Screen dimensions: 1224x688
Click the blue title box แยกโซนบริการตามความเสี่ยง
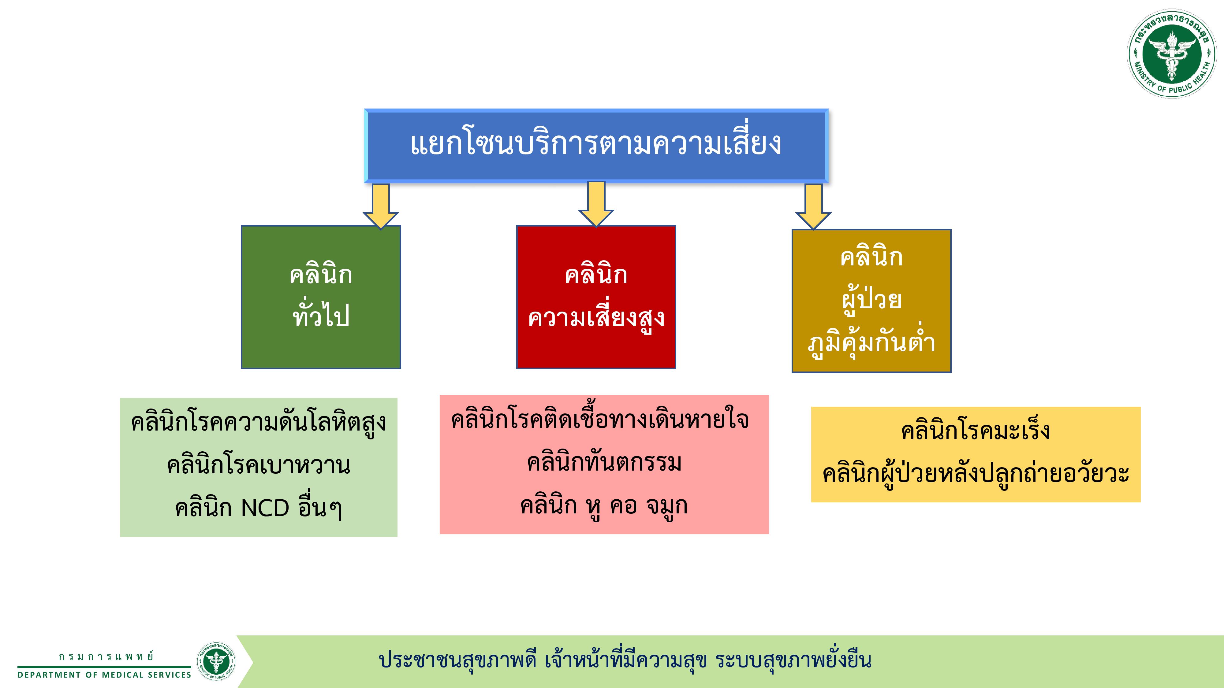(596, 146)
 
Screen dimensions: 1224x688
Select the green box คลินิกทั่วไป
(321, 297)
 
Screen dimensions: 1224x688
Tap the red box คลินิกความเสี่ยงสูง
(596, 297)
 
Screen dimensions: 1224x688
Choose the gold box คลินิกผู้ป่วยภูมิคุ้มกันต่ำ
(871, 301)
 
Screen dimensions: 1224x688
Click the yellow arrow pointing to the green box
(381, 206)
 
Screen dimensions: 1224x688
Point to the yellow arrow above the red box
(596, 204)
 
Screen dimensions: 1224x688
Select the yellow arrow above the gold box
(813, 206)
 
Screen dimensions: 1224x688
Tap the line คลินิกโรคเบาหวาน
(259, 466)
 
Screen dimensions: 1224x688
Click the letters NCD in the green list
(265, 508)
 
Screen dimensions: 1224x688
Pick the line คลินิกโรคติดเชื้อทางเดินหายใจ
(600, 420)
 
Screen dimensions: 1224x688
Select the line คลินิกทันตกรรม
(604, 462)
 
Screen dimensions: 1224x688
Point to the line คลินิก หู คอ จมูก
(604, 506)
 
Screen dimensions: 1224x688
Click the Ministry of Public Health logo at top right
(1173, 54)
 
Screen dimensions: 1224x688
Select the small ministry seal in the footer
(216, 661)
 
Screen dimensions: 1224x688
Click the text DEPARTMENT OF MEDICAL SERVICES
(104, 675)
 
